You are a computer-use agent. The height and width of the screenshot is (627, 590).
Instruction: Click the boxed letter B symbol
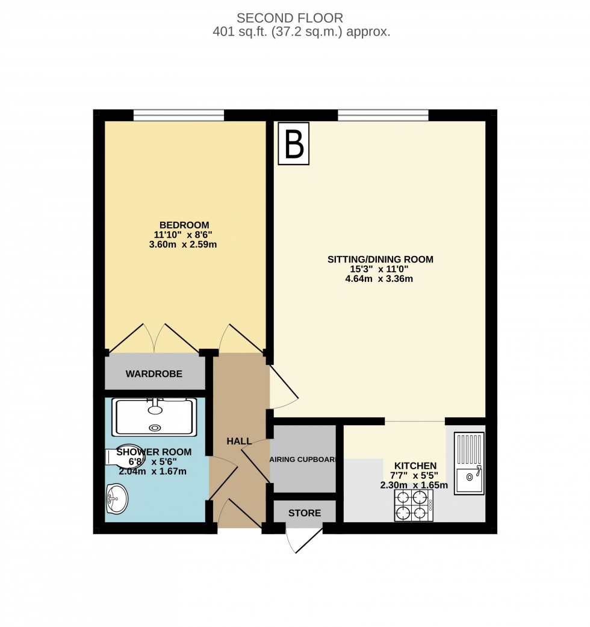pos(293,143)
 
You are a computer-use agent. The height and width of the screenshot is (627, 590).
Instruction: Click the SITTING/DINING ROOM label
pos(380,260)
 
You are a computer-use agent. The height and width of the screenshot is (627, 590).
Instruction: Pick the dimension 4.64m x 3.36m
pos(380,279)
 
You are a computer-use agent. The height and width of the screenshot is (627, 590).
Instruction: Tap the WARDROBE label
pos(154,374)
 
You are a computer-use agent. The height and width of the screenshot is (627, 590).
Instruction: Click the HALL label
pos(239,441)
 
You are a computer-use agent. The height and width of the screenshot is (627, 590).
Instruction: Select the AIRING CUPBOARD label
pos(303,460)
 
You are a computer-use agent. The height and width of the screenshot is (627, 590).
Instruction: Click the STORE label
pos(304,513)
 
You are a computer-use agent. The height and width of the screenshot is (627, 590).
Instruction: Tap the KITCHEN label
pos(415,466)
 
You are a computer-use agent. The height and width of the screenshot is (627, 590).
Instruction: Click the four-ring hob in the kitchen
pos(414,505)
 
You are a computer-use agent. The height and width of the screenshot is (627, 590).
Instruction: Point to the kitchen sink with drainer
pos(469,464)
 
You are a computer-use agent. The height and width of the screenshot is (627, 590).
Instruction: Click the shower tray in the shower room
pos(155,417)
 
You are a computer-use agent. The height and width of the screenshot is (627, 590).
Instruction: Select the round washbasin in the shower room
pos(116,499)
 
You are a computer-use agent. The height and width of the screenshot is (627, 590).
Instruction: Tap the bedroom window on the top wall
pos(179,115)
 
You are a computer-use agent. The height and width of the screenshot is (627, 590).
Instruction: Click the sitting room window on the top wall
pos(383,115)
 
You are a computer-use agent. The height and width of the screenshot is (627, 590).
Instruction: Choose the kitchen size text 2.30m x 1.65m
pos(414,485)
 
